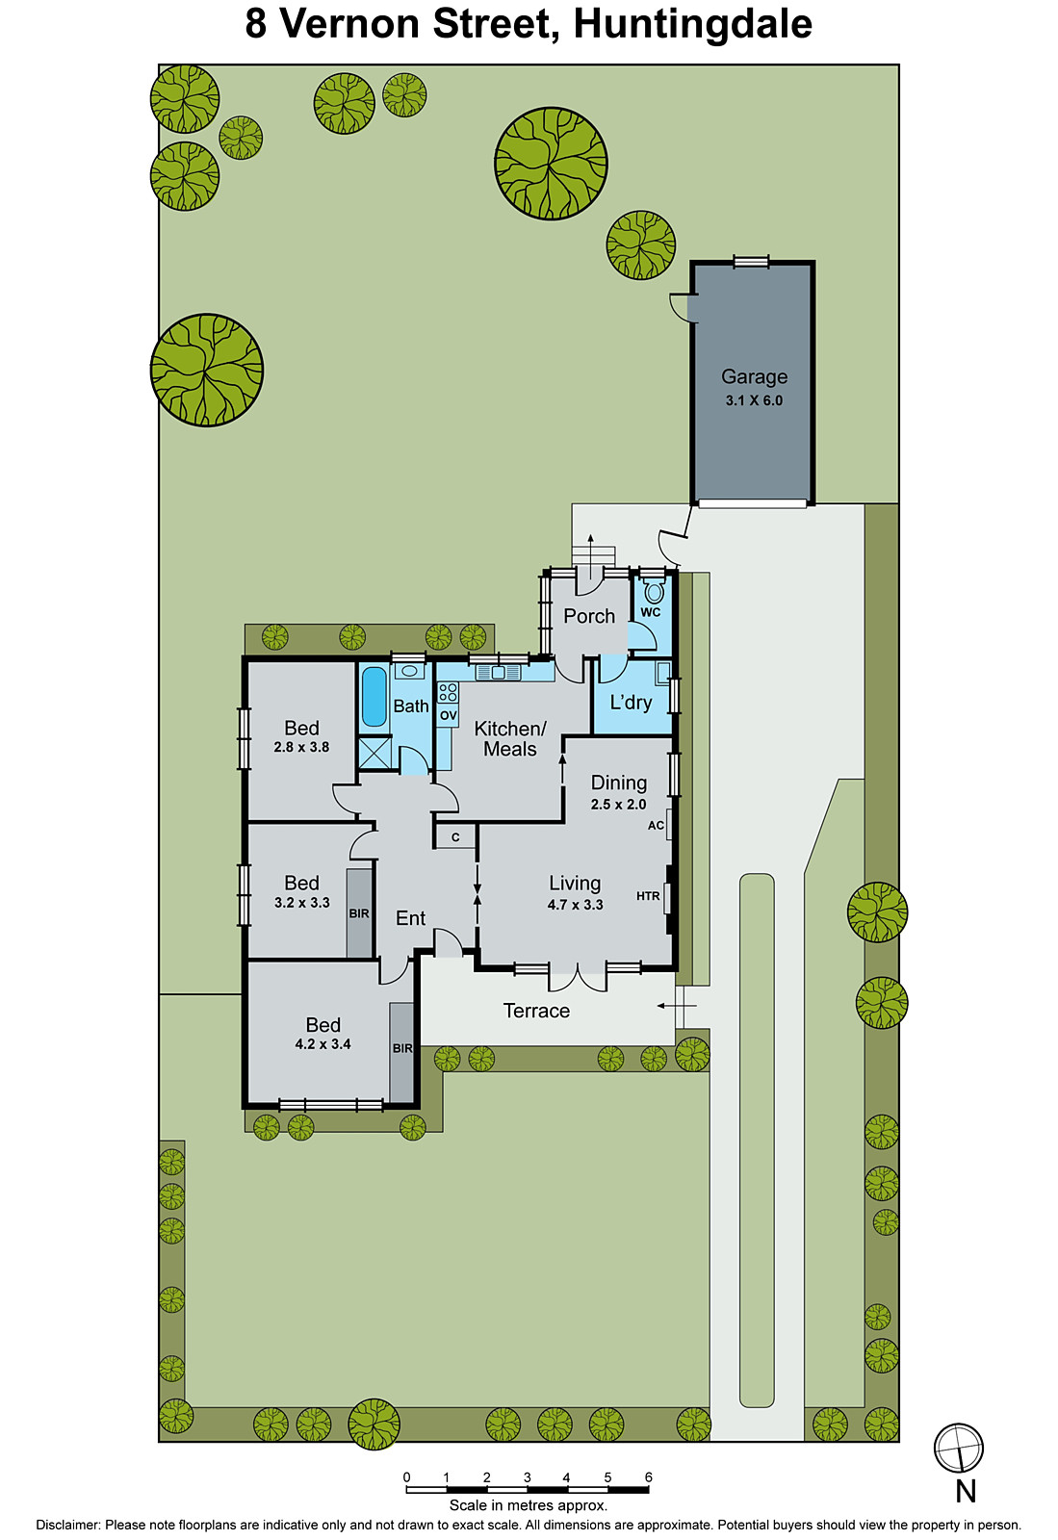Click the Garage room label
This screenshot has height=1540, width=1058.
(754, 377)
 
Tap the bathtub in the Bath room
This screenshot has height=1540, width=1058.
(374, 696)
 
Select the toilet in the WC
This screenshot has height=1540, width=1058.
(654, 592)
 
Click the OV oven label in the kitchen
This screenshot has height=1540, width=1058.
(449, 715)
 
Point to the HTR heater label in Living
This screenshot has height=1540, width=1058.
(648, 896)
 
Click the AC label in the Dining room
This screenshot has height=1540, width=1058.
(656, 825)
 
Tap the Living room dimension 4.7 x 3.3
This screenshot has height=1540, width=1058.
(575, 905)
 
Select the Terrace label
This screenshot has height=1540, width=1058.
(536, 1011)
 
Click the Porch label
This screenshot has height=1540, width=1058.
(589, 616)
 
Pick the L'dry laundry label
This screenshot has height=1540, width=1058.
(631, 703)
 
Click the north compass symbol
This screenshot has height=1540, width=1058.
(959, 1448)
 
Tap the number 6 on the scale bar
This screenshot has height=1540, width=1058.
(648, 1477)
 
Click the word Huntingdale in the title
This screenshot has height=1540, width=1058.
(693, 24)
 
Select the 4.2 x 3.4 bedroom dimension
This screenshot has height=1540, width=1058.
(323, 1044)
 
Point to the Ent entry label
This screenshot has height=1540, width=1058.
(410, 918)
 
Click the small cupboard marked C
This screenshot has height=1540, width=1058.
(455, 837)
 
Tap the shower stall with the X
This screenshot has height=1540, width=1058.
(374, 752)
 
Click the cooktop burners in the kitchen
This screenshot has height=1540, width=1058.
(448, 692)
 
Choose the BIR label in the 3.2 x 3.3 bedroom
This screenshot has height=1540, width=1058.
(359, 913)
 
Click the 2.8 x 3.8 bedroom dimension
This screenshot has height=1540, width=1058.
(301, 747)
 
